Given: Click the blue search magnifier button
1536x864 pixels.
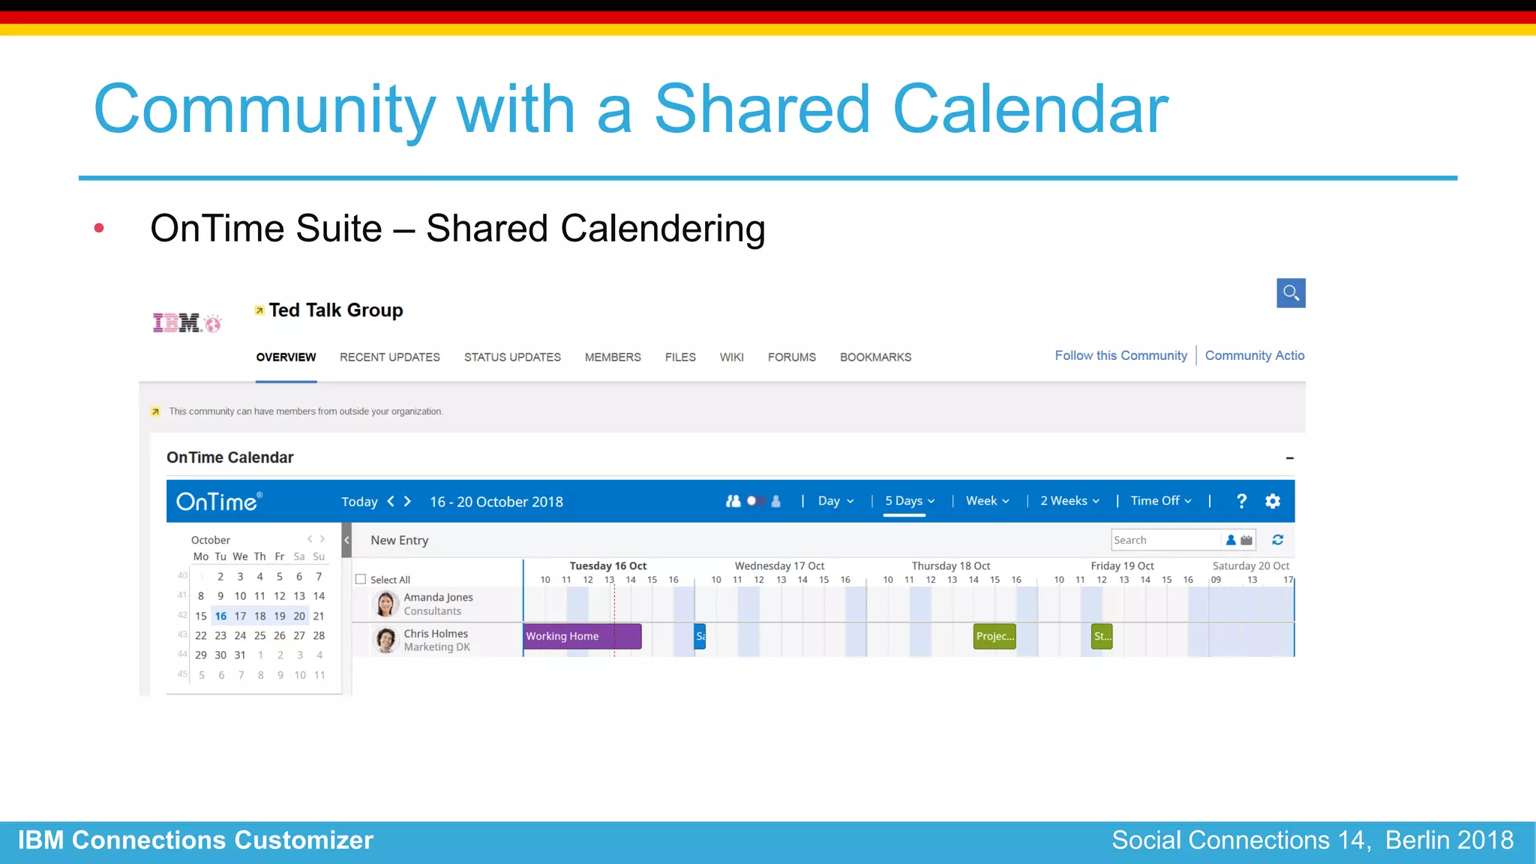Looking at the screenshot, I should [x=1291, y=293].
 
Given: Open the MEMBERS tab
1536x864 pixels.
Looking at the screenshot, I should [x=613, y=357].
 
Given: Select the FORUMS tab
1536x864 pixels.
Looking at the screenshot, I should [x=791, y=357].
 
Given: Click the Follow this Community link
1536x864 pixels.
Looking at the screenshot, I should [x=1120, y=355].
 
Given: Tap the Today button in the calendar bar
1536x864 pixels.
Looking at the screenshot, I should [x=359, y=502].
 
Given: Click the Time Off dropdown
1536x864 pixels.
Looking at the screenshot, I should [x=1160, y=501].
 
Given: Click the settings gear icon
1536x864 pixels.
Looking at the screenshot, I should [x=1273, y=501].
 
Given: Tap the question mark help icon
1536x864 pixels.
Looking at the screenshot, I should [x=1241, y=501].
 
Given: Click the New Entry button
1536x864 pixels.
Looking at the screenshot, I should [x=399, y=540].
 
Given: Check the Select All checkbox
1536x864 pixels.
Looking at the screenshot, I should [x=361, y=579].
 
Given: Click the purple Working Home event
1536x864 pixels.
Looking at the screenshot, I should [x=582, y=636].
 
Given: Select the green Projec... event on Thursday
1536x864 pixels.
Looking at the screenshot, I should [x=994, y=636].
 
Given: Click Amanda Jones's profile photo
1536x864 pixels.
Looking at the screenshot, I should [x=385, y=604].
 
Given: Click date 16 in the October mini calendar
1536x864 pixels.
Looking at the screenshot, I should [x=220, y=616].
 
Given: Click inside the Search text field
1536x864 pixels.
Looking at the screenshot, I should [x=1165, y=540].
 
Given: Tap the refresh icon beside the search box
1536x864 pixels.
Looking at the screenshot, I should [x=1278, y=540].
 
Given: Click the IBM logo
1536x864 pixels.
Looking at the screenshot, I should [x=187, y=323].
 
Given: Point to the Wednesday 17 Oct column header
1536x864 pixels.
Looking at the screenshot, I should [x=779, y=566].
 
